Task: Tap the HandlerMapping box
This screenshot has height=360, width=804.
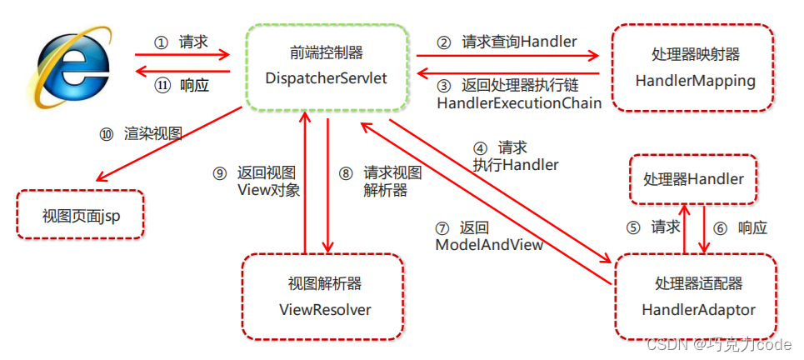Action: tap(695, 68)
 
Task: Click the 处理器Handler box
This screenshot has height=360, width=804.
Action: tap(693, 178)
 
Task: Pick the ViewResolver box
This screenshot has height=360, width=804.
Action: tap(324, 297)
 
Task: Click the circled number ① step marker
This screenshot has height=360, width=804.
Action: tap(161, 42)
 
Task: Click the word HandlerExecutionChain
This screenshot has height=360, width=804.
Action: tap(519, 103)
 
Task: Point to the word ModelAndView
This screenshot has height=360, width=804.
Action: tap(489, 245)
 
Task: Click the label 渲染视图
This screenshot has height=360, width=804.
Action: tap(153, 133)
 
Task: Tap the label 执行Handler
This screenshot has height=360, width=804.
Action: tap(515, 164)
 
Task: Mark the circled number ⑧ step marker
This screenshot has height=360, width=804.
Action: tap(346, 173)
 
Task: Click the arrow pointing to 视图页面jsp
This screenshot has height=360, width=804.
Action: tap(167, 151)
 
